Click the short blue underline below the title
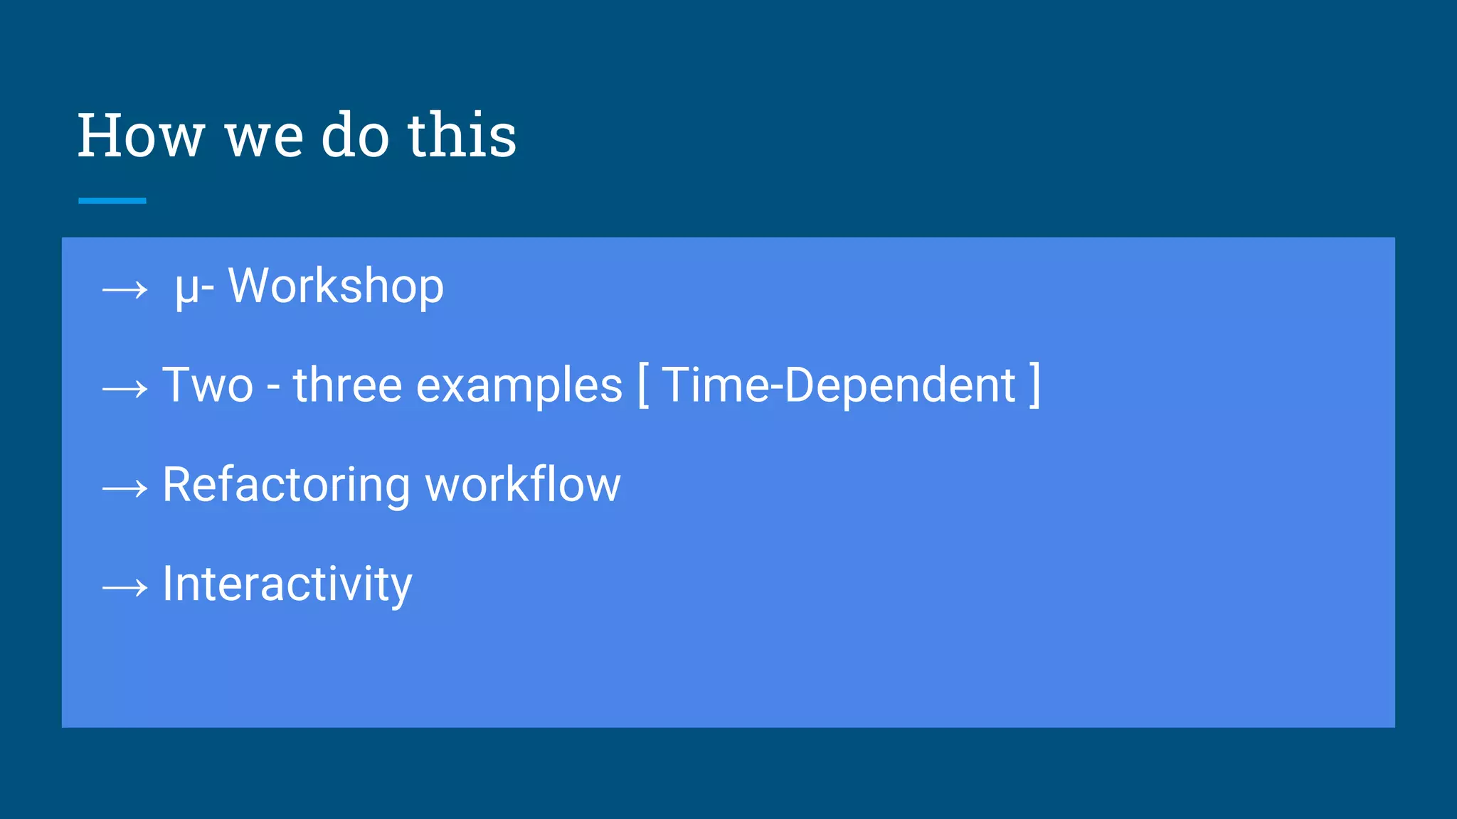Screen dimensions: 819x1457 tap(112, 201)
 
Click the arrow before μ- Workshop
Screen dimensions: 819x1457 tap(125, 289)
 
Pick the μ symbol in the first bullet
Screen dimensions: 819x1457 tap(187, 288)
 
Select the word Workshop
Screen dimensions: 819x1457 tap(336, 287)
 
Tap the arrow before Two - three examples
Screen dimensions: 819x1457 tap(125, 389)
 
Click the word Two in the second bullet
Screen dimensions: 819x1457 tap(208, 385)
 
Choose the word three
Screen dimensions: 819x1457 tap(348, 385)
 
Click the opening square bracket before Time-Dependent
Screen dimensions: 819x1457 tap(643, 385)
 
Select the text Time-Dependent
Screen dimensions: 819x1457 tap(839, 385)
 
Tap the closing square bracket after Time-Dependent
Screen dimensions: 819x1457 tap(1035, 385)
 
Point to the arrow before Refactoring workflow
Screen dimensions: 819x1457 tap(125, 488)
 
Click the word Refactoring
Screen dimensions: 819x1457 tap(286, 486)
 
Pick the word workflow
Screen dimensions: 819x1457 tap(523, 485)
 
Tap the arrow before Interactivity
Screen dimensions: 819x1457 tap(125, 587)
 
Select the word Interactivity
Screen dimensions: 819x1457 tap(287, 585)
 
